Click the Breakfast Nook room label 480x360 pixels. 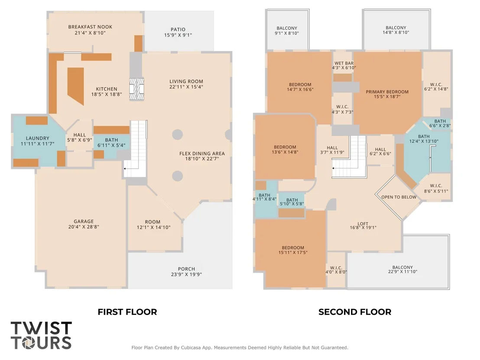pos(90,27)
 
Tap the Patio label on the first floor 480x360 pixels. pos(178,29)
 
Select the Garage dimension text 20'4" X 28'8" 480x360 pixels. pos(84,227)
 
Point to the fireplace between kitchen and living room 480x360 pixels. pos(136,89)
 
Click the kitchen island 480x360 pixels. pos(76,86)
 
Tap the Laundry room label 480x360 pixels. pos(37,138)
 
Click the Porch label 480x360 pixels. pos(186,269)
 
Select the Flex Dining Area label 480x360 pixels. pos(202,153)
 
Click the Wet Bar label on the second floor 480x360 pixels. pos(344,63)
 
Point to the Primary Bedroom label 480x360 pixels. pos(387,91)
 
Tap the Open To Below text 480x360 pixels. pos(399,197)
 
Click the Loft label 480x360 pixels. pos(363,224)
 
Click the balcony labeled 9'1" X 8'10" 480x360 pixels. pos(287,30)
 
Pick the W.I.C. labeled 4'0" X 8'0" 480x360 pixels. pos(336,270)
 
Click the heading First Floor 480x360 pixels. pos(127,312)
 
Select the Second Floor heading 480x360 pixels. pos(355,312)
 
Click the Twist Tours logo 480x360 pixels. pos(41,335)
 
